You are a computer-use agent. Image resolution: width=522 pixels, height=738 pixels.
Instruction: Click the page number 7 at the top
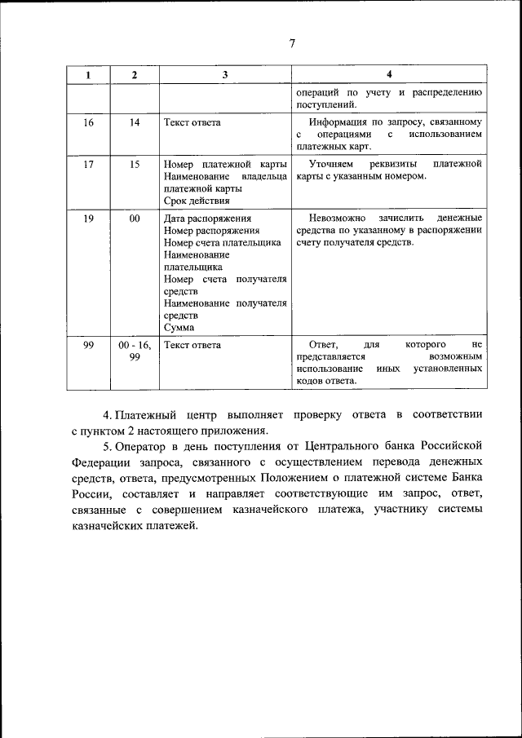coord(291,44)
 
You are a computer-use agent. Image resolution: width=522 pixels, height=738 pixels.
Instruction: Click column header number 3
coord(224,75)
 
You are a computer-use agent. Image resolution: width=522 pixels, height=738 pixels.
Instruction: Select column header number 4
coord(388,75)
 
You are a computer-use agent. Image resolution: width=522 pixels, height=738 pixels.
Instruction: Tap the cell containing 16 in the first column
coord(88,122)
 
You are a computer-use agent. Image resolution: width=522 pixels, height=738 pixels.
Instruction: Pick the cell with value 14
coord(135,122)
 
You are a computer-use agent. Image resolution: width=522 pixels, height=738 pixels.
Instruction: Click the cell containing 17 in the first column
coord(88,164)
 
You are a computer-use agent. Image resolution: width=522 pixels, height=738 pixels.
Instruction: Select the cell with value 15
coord(135,164)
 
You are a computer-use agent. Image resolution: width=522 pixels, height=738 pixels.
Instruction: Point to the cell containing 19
coord(88,218)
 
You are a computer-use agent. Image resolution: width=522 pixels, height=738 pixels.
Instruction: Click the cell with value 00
coord(135,218)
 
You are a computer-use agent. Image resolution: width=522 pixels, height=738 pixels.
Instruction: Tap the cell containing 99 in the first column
coord(88,345)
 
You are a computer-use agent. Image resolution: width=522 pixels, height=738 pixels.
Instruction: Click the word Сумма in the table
coord(179,328)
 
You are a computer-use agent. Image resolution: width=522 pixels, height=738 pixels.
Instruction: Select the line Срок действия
coord(197,201)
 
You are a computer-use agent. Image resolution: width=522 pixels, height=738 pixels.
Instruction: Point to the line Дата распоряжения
coord(207,218)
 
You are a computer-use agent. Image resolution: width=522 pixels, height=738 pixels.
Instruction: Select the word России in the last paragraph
coord(91,494)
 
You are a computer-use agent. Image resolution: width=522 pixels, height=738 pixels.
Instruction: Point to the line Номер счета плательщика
coord(222,242)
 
